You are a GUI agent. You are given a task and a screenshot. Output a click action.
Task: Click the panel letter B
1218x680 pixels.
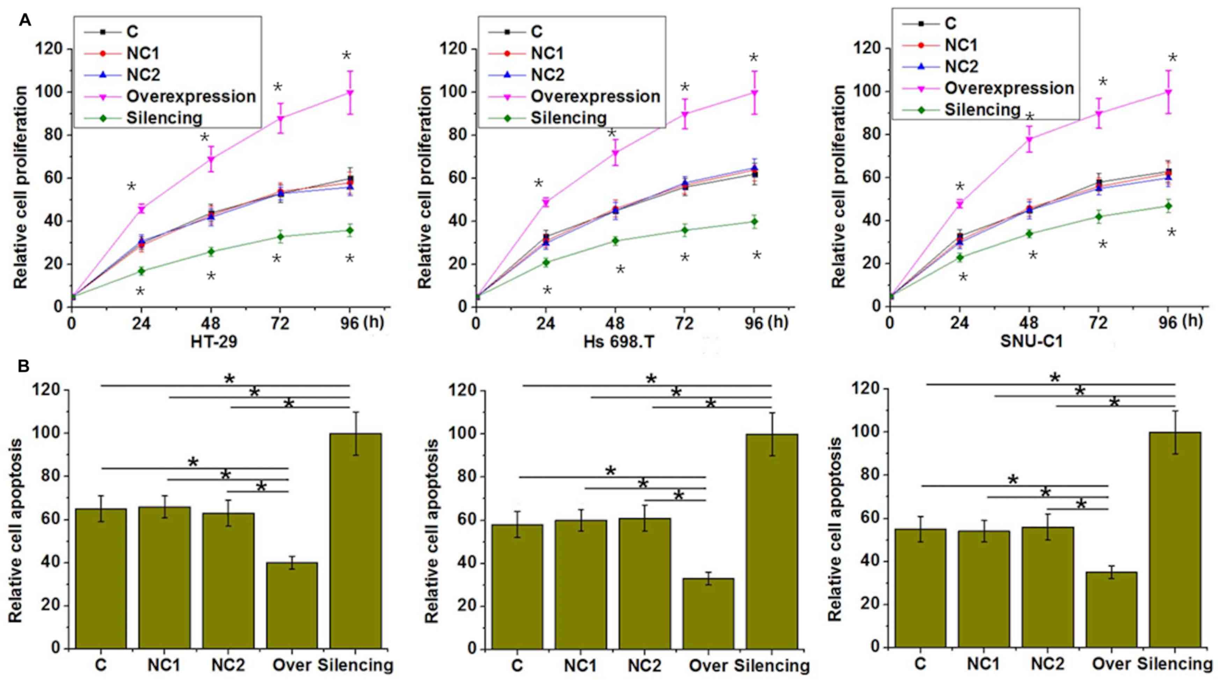pyautogui.click(x=24, y=367)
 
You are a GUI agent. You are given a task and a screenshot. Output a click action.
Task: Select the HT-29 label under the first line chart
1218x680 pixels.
pyautogui.click(x=214, y=341)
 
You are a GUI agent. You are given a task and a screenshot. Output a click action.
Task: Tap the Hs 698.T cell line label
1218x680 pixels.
pyautogui.click(x=619, y=341)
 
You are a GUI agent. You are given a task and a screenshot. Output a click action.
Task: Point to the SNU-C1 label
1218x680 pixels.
pyautogui.click(x=1031, y=341)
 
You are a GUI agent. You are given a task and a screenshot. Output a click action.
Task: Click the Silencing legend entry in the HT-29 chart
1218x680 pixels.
pyautogui.click(x=164, y=118)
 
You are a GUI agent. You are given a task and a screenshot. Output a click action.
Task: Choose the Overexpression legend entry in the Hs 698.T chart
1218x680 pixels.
pyautogui.click(x=595, y=96)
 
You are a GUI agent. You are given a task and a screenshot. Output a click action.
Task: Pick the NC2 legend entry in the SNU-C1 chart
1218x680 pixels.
pyautogui.click(x=961, y=66)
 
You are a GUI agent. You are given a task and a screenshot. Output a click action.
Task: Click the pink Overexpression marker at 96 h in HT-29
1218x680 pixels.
pyautogui.click(x=350, y=93)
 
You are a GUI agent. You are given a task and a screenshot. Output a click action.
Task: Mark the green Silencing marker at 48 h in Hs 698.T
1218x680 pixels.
pyautogui.click(x=615, y=241)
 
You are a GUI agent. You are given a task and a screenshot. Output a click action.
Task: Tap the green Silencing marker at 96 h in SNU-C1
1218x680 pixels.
pyautogui.click(x=1168, y=206)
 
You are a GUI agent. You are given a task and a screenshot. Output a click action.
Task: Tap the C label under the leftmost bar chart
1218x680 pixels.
pyautogui.click(x=101, y=665)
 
